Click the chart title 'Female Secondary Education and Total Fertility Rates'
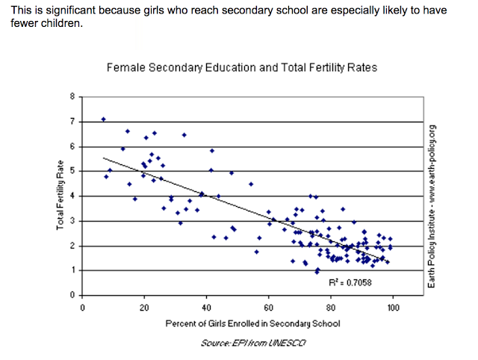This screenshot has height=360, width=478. coord(242,67)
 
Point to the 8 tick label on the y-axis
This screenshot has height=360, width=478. coord(72,96)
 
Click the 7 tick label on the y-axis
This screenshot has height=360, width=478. coord(72,121)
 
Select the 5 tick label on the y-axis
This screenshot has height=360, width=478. coord(72,171)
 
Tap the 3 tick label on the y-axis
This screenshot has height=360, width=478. coord(72,221)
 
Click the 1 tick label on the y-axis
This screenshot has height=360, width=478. coord(72,270)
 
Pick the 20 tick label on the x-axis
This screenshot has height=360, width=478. coord(144,306)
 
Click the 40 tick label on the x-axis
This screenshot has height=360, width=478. coord(206,306)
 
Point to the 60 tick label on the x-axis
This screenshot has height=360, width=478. coord(268,306)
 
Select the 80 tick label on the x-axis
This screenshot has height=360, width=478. coord(330,306)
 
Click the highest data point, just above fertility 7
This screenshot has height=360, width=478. coord(104,120)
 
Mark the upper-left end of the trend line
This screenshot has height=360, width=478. coord(103,158)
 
